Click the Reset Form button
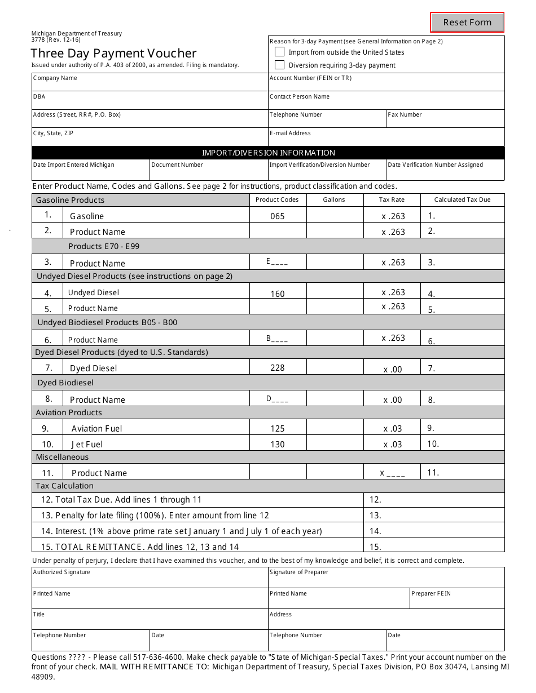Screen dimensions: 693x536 click(467, 23)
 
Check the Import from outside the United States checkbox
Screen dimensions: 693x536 click(279, 52)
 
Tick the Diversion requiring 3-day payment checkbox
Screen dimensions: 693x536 click(279, 65)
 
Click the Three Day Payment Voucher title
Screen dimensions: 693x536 click(113, 54)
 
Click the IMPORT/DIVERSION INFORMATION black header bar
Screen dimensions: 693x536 click(268, 153)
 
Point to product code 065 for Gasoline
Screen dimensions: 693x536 click(278, 216)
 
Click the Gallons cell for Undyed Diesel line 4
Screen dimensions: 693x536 click(335, 291)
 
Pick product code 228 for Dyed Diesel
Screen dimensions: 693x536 click(278, 368)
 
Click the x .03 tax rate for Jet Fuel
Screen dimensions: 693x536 click(393, 445)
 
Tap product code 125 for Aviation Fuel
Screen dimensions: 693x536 click(278, 429)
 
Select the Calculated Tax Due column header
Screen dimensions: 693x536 click(462, 200)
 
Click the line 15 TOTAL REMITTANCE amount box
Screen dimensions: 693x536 click(434, 546)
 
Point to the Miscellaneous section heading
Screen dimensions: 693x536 click(62, 457)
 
